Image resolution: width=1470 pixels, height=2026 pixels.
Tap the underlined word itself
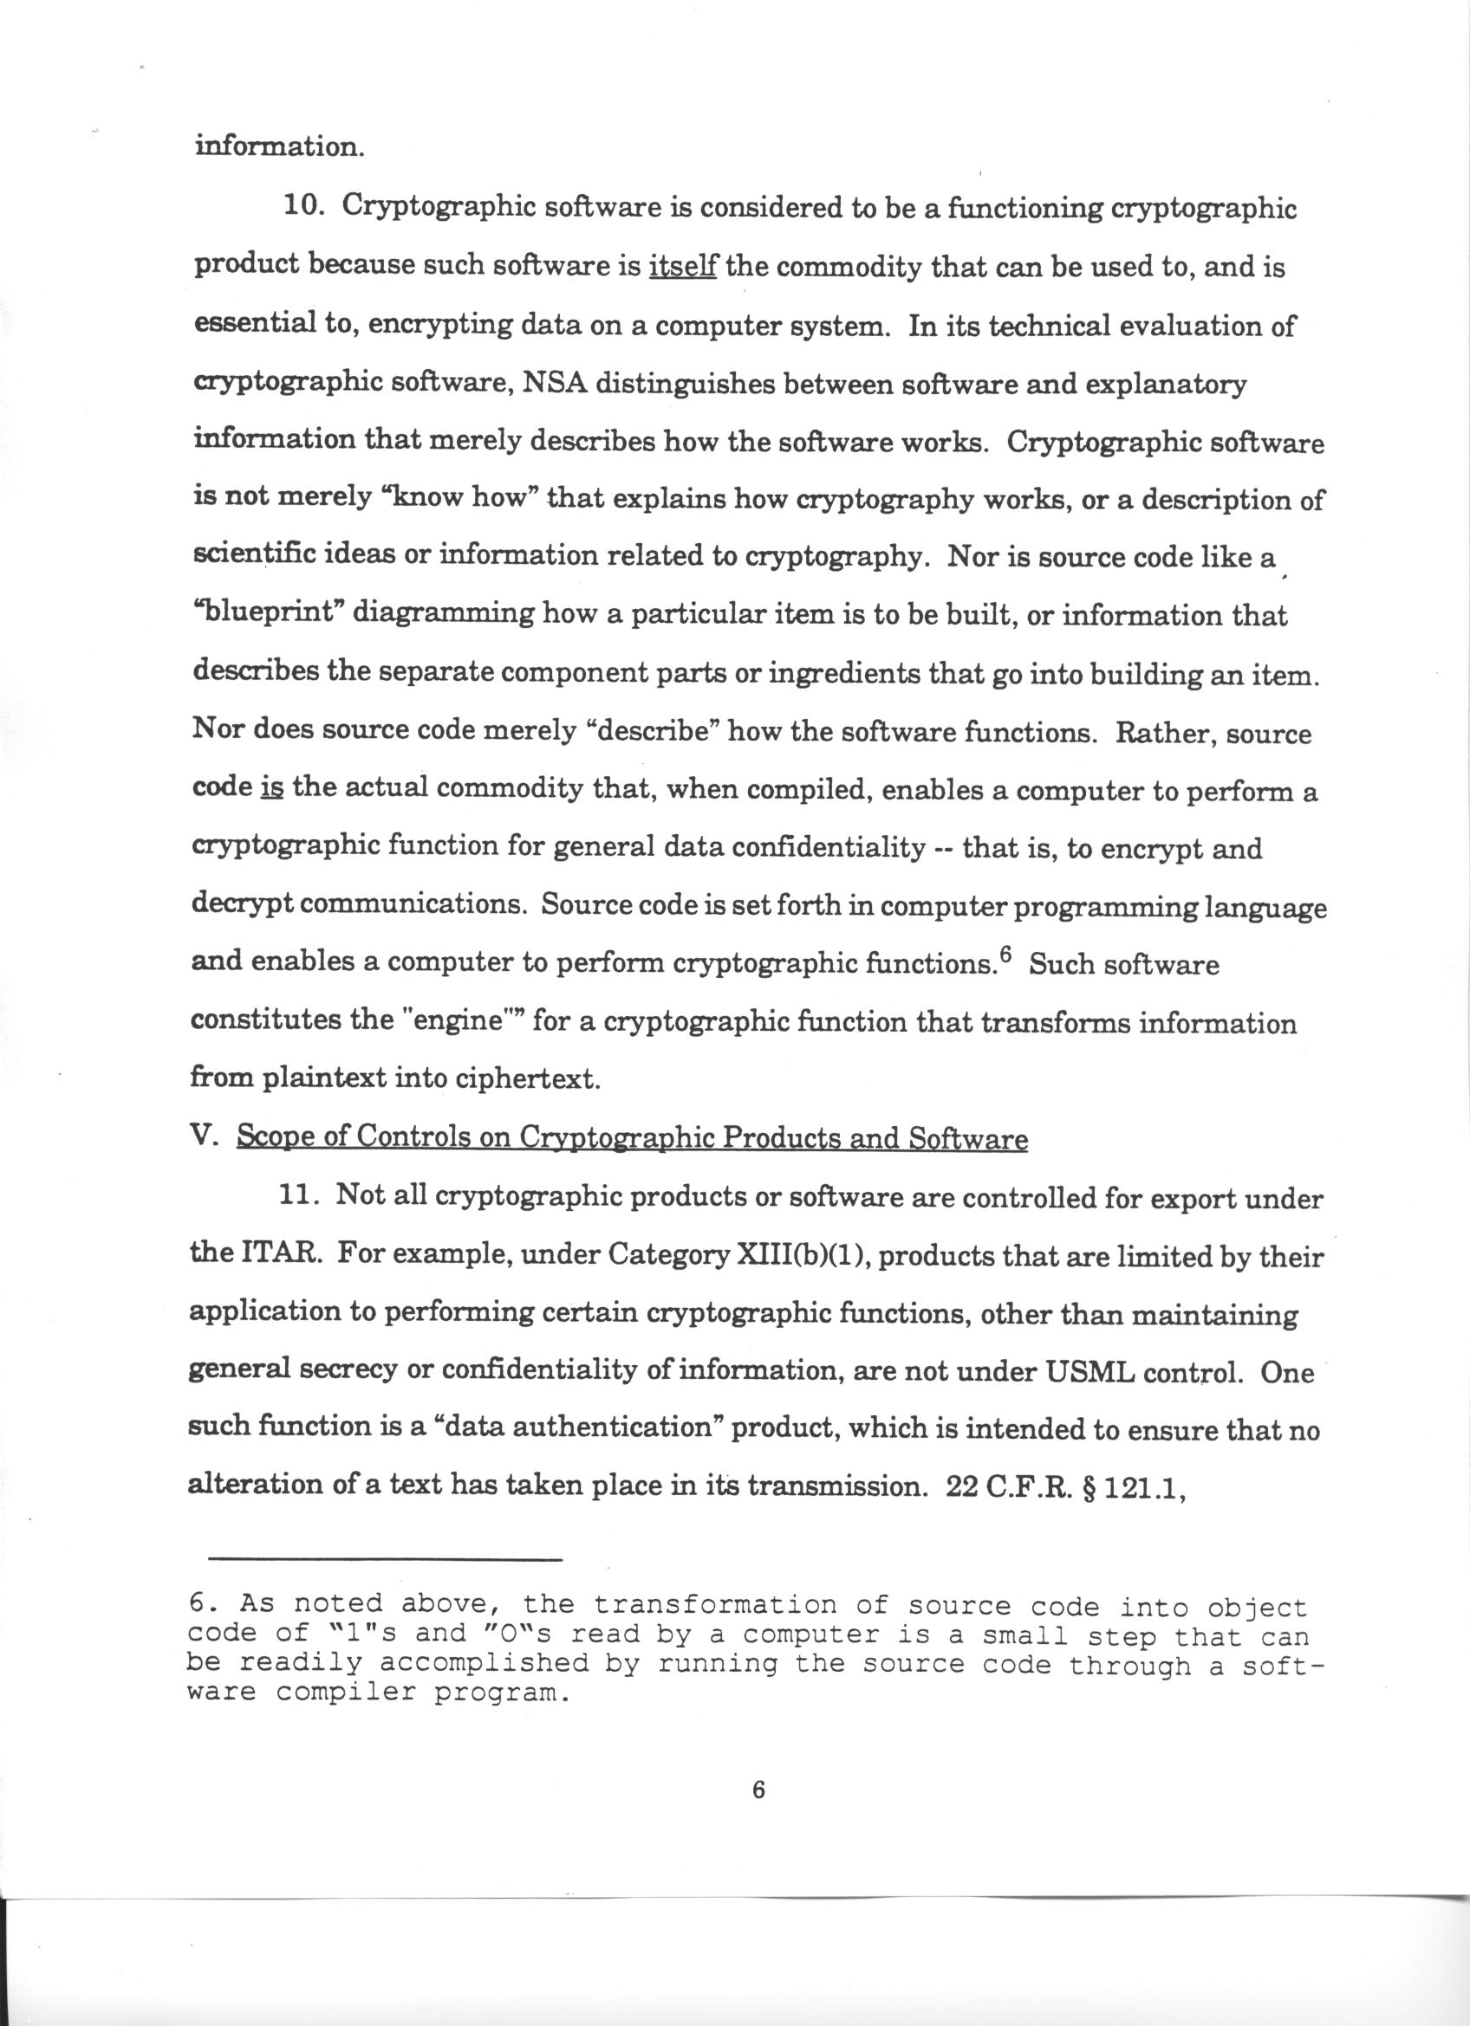pyautogui.click(x=683, y=266)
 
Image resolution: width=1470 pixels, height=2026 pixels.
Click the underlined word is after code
pyautogui.click(x=271, y=790)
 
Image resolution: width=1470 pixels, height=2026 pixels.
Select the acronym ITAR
pyautogui.click(x=281, y=1255)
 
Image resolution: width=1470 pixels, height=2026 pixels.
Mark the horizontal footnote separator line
pyautogui.click(x=385, y=1561)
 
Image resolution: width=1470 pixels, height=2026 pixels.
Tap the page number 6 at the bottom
pyautogui.click(x=758, y=1790)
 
